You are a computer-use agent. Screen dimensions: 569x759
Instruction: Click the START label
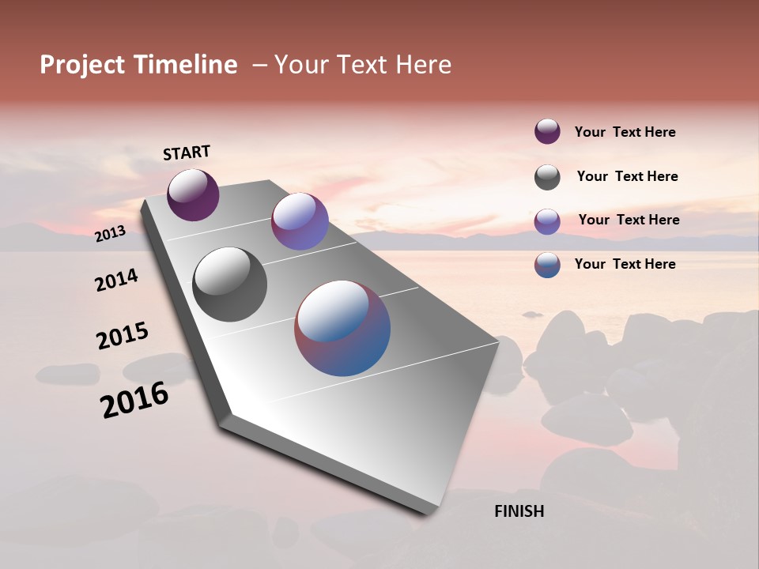coord(187,153)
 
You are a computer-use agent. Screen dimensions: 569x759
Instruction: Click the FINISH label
coord(519,511)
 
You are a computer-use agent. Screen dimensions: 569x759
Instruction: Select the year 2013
coord(110,233)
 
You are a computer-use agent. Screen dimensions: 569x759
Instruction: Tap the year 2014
coord(116,280)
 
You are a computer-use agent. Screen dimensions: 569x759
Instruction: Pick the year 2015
coord(123,336)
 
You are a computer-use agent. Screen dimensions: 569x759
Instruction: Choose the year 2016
coord(134,400)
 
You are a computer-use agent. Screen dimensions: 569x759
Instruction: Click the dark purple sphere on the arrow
coord(193,195)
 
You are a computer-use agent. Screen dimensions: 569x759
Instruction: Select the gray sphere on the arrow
coord(229,284)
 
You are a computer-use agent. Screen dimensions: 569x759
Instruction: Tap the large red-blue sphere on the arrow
coord(342,328)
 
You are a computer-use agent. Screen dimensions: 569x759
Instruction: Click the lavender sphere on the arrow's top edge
coord(300,221)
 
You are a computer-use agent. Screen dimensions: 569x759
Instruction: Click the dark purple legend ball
coord(547,132)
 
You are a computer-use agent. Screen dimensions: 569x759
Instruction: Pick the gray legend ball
coord(547,177)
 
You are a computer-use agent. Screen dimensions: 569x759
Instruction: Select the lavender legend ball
coord(547,221)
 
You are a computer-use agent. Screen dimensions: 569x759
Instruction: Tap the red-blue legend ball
coord(547,265)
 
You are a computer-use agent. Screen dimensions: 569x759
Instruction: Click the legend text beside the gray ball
coord(627,176)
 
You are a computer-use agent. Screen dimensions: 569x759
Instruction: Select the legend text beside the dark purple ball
coord(625,132)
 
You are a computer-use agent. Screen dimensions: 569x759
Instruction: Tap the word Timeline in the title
coord(187,65)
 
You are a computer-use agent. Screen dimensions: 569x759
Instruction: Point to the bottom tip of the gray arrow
coord(427,512)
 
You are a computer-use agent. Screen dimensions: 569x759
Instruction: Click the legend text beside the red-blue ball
coord(625,264)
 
